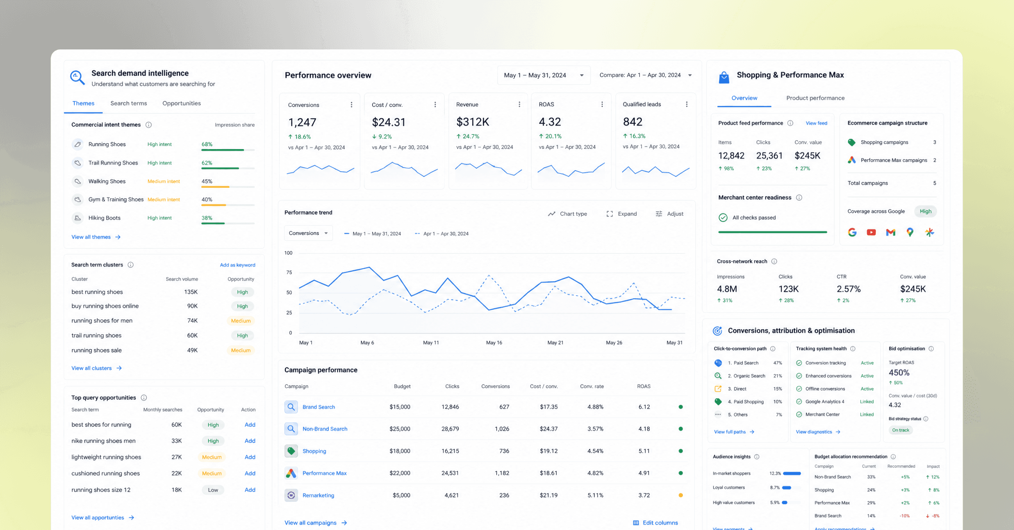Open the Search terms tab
point(128,103)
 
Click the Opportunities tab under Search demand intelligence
point(182,103)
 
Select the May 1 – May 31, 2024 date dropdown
point(544,75)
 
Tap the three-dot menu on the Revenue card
point(519,104)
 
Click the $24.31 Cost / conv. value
point(388,122)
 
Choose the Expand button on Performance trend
point(621,214)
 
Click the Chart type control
point(567,214)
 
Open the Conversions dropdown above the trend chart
point(308,233)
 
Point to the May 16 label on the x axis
point(494,342)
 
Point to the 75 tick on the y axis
point(289,272)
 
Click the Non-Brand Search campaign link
point(325,429)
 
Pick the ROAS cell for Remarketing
point(644,495)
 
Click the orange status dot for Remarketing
point(681,495)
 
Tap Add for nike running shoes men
point(250,441)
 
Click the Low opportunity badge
point(213,490)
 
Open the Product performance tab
point(815,98)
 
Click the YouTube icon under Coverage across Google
point(871,232)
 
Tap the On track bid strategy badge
point(901,430)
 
